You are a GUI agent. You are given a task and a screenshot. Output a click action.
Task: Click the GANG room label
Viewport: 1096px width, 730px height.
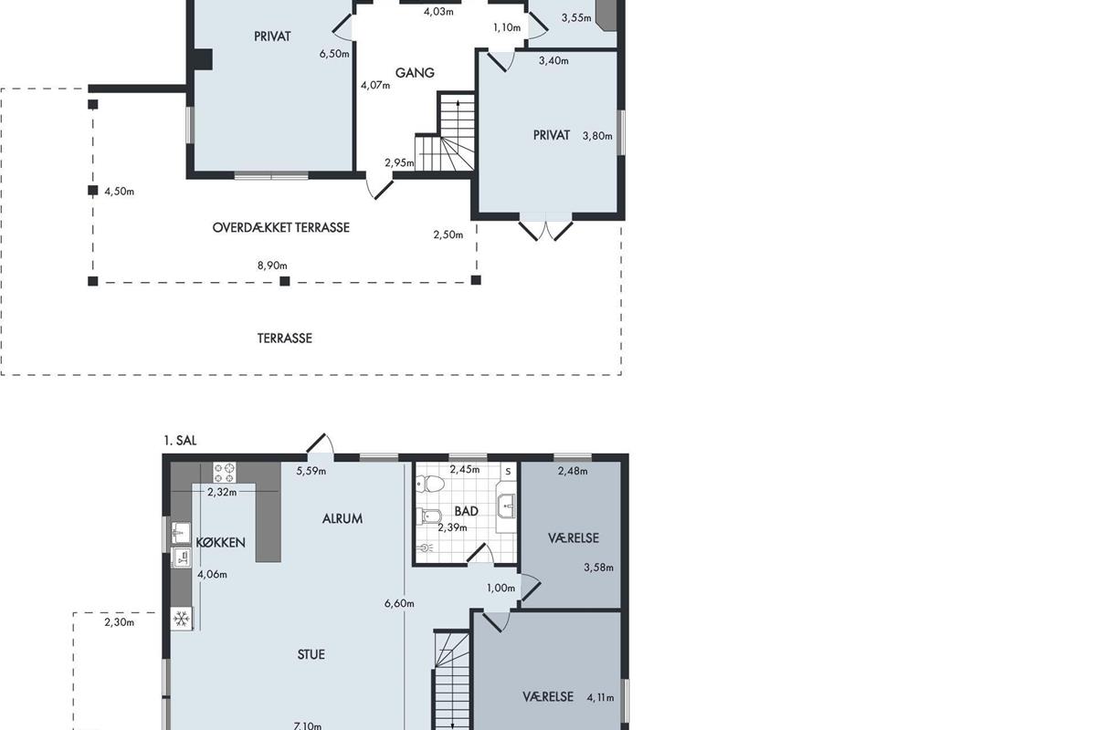(415, 73)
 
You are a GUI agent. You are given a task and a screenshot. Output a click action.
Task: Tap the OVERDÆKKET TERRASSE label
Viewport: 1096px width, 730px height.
(281, 227)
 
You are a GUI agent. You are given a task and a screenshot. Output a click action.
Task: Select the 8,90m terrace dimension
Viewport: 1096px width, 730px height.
(272, 266)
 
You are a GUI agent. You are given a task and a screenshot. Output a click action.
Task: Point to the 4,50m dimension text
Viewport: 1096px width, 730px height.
(119, 192)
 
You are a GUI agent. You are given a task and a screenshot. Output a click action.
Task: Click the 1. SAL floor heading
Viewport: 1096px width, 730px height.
(180, 441)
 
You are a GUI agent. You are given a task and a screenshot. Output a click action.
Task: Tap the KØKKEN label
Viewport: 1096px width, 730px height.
(220, 542)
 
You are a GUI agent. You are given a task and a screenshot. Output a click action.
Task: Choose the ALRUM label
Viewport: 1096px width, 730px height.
(342, 518)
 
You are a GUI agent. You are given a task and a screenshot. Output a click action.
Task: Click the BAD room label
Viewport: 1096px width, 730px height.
(467, 511)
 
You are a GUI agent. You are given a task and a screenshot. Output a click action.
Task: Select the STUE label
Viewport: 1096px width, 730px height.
(311, 654)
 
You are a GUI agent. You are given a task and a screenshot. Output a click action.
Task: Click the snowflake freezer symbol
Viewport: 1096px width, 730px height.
(182, 620)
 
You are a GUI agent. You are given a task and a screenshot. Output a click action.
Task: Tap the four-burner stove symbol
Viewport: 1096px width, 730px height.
(224, 473)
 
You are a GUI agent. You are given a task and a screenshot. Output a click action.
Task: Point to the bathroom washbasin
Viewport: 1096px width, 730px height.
(506, 506)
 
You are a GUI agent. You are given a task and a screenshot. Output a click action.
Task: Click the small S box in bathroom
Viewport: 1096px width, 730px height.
(509, 472)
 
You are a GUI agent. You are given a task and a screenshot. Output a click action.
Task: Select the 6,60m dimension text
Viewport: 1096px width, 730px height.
(399, 603)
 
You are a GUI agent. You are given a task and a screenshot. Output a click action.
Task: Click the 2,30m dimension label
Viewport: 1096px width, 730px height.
(119, 622)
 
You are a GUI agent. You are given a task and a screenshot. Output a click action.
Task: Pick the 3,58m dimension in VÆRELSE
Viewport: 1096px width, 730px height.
(598, 568)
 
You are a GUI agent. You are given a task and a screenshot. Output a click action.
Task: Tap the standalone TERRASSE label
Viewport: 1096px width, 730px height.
(285, 339)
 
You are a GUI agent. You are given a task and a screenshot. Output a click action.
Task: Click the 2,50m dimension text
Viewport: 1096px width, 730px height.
(448, 235)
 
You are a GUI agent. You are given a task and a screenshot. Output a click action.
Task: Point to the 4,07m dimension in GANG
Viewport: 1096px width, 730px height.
(375, 85)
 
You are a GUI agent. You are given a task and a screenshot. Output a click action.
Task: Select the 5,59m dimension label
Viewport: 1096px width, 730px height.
(311, 471)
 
